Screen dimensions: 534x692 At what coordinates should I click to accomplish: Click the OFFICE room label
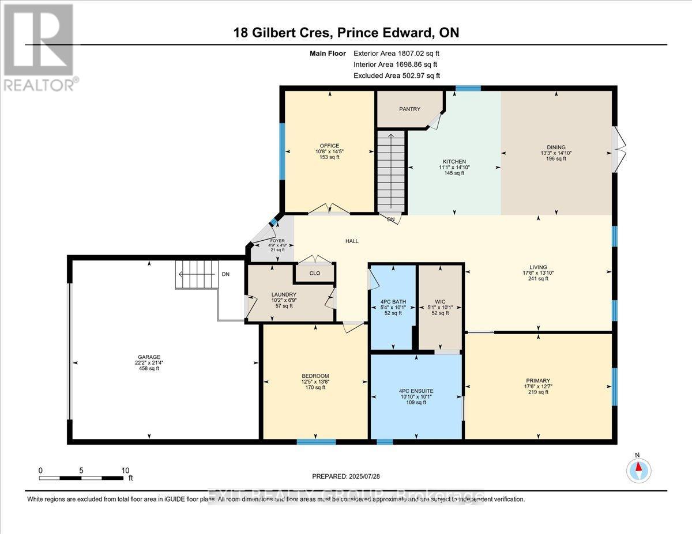click(x=330, y=146)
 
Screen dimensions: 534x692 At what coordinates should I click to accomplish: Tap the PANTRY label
click(x=410, y=109)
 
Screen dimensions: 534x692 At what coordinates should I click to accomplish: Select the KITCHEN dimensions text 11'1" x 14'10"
click(x=454, y=168)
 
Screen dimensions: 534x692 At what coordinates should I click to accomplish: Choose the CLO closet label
click(x=314, y=274)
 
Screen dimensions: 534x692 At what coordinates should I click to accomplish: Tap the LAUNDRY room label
click(x=284, y=294)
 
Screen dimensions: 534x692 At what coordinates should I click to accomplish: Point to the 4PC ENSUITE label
click(x=416, y=391)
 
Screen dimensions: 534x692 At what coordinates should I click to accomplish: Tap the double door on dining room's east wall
click(x=619, y=149)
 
